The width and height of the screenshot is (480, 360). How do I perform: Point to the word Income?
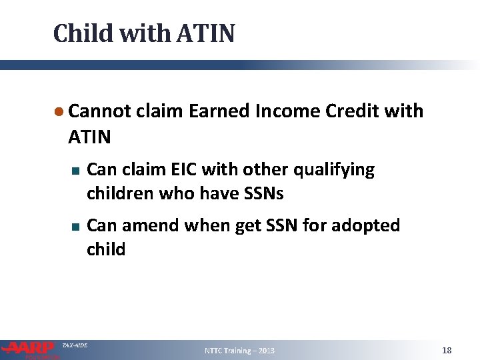[289, 111]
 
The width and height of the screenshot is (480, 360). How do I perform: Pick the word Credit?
[355, 111]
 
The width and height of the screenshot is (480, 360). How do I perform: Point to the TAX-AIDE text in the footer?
[74, 345]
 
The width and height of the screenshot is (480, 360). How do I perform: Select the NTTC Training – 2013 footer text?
[239, 351]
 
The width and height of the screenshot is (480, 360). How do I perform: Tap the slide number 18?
[447, 350]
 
